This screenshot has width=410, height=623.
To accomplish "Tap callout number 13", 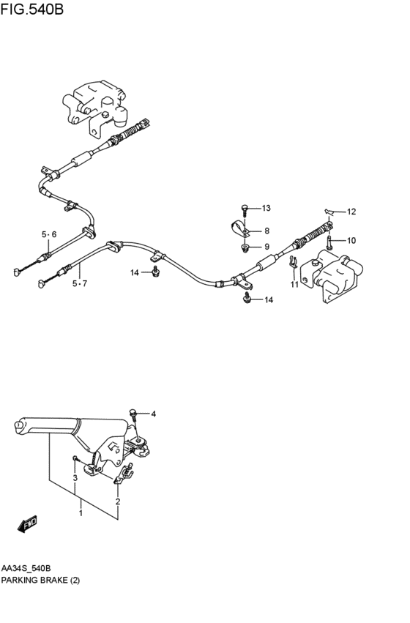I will (266, 208).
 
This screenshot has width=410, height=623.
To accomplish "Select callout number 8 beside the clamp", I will (267, 231).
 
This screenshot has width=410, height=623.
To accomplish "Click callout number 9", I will (267, 246).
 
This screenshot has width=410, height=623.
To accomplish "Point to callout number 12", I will (351, 212).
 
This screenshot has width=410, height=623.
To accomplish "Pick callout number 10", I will (351, 240).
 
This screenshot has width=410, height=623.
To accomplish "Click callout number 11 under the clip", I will (294, 284).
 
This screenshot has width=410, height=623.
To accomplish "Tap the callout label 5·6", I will (48, 234).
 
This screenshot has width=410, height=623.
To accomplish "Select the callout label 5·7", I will (79, 283).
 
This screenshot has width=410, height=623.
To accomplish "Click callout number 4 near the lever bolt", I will (154, 414).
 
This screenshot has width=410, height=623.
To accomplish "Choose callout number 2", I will (117, 501).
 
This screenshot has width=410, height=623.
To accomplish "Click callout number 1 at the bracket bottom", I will (81, 513).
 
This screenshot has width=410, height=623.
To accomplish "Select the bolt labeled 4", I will (135, 413).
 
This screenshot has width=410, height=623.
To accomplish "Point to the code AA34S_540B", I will (31, 569).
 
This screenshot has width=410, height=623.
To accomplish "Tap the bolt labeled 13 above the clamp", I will (247, 209).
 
